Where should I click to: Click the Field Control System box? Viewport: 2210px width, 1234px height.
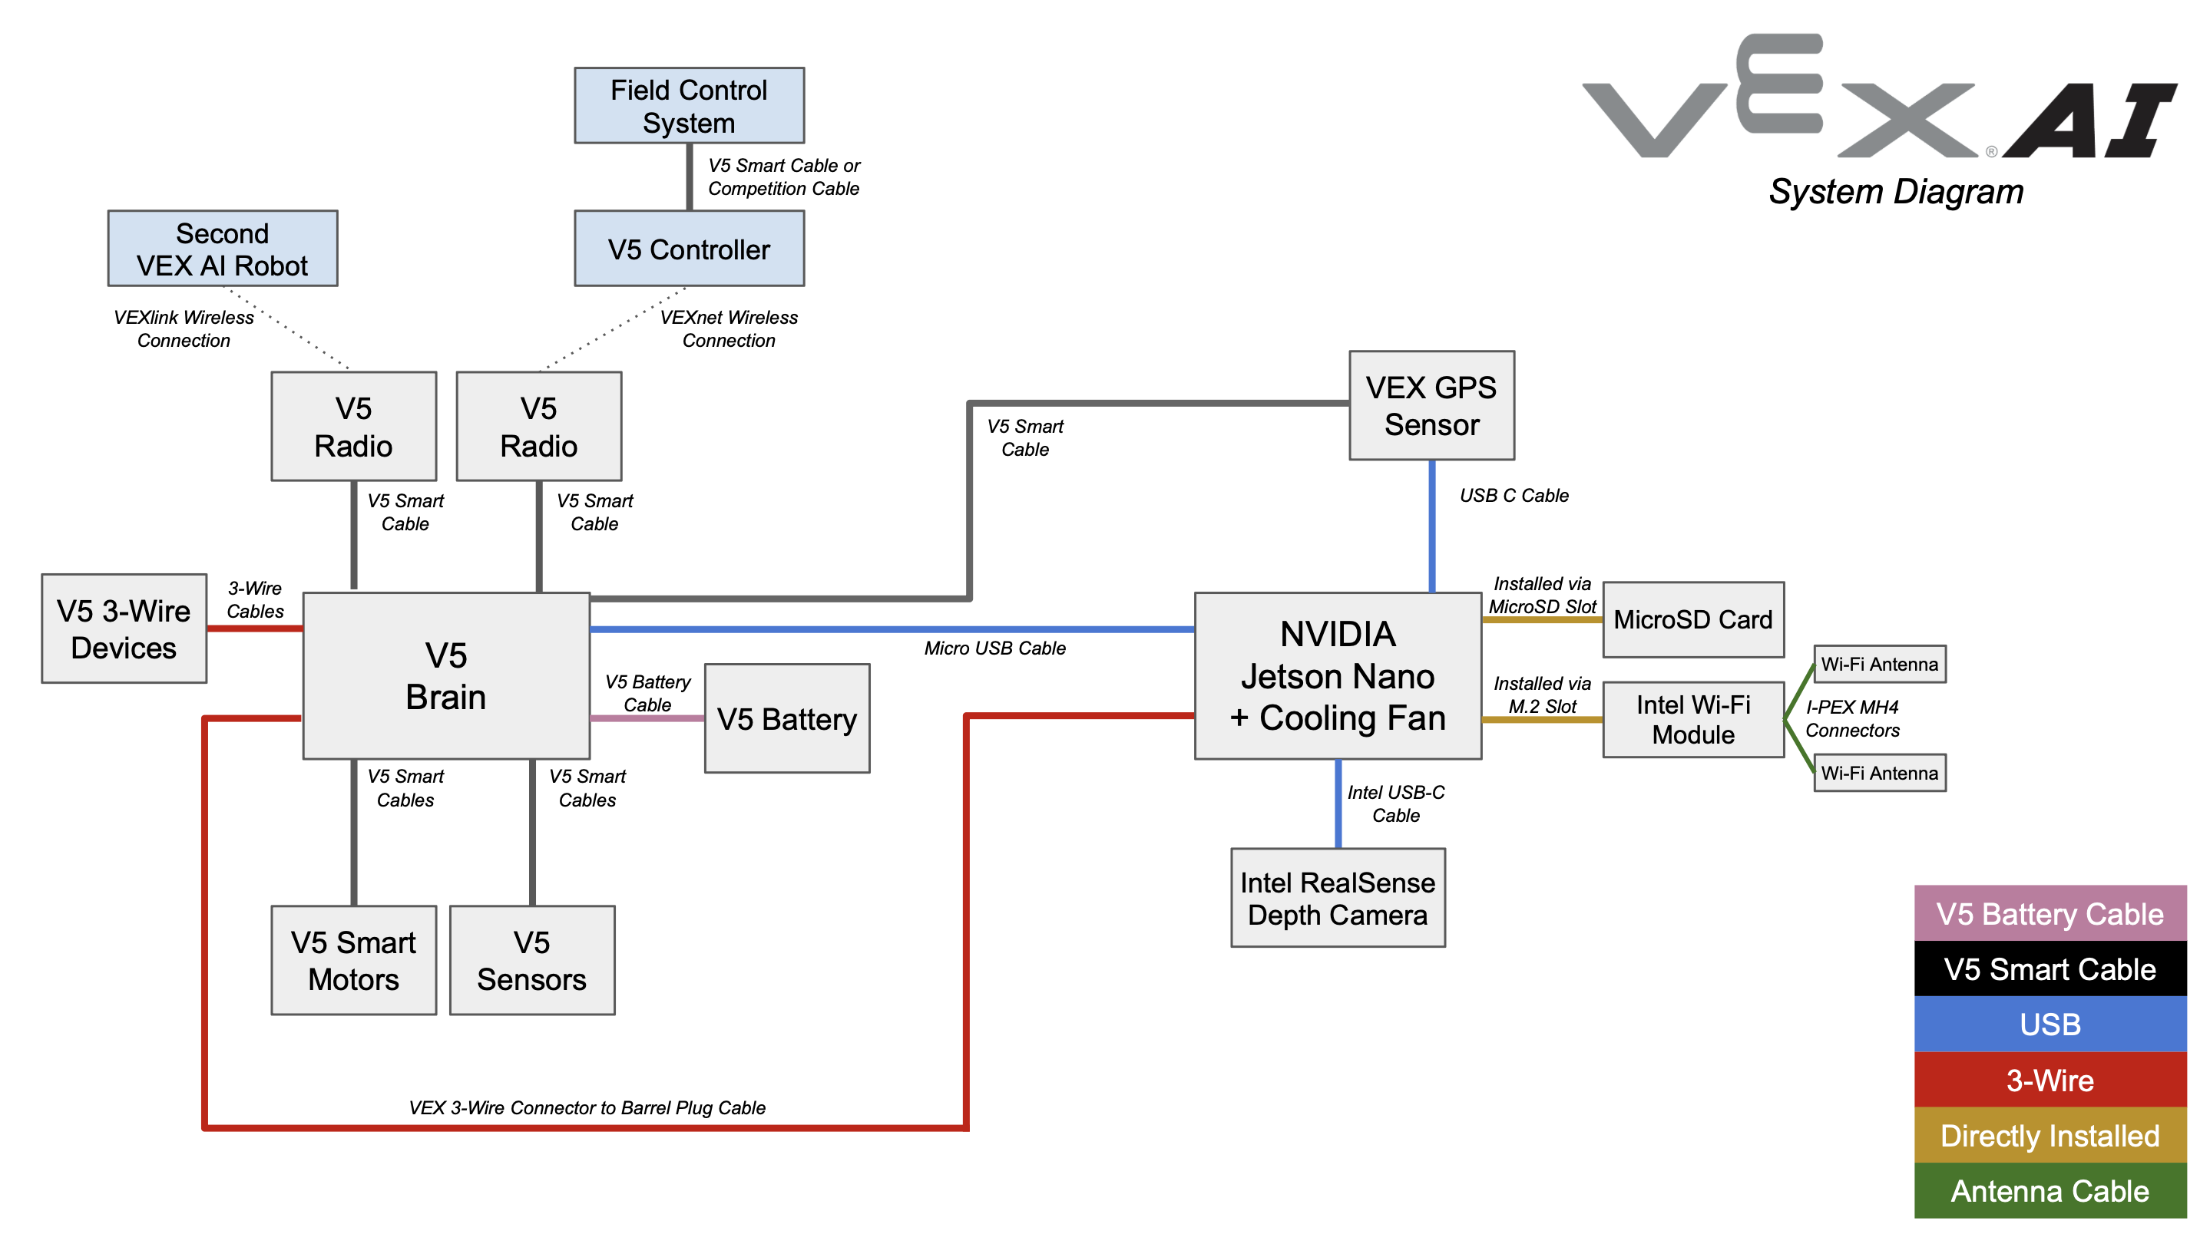pyautogui.click(x=688, y=105)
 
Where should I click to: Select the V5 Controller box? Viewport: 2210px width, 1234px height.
pyautogui.click(x=688, y=249)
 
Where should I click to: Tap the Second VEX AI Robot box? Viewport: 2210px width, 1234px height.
pyautogui.click(x=222, y=249)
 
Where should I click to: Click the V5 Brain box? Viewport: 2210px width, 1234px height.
pyautogui.click(x=445, y=676)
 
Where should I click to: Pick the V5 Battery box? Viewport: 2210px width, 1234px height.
pyautogui.click(x=787, y=718)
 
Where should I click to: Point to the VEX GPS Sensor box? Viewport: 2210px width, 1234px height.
pyautogui.click(x=1431, y=406)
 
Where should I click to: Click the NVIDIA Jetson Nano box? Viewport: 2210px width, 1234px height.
pyautogui.click(x=1337, y=676)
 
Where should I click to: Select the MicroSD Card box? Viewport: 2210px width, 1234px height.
pyautogui.click(x=1692, y=619)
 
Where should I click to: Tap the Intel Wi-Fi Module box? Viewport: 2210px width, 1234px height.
pyautogui.click(x=1692, y=720)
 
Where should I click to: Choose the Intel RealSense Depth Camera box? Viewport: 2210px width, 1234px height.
pyautogui.click(x=1337, y=898)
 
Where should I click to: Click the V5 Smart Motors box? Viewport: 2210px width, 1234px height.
pyautogui.click(x=353, y=961)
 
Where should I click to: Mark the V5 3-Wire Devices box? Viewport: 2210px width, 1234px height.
pyautogui.click(x=124, y=629)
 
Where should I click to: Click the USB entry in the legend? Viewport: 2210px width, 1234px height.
pyautogui.click(x=2050, y=1024)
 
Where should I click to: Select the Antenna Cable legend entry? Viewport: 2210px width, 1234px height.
pyautogui.click(x=2050, y=1190)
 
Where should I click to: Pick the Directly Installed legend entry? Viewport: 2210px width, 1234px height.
pyautogui.click(x=2050, y=1135)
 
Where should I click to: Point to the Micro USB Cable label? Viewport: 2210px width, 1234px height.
pyautogui.click(x=994, y=648)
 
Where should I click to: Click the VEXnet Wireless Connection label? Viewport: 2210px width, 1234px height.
pyautogui.click(x=729, y=328)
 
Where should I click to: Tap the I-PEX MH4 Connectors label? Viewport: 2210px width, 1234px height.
pyautogui.click(x=1851, y=718)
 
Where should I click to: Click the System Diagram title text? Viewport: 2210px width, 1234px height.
pyautogui.click(x=1895, y=191)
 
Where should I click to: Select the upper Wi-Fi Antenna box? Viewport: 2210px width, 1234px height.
pyautogui.click(x=1879, y=664)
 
